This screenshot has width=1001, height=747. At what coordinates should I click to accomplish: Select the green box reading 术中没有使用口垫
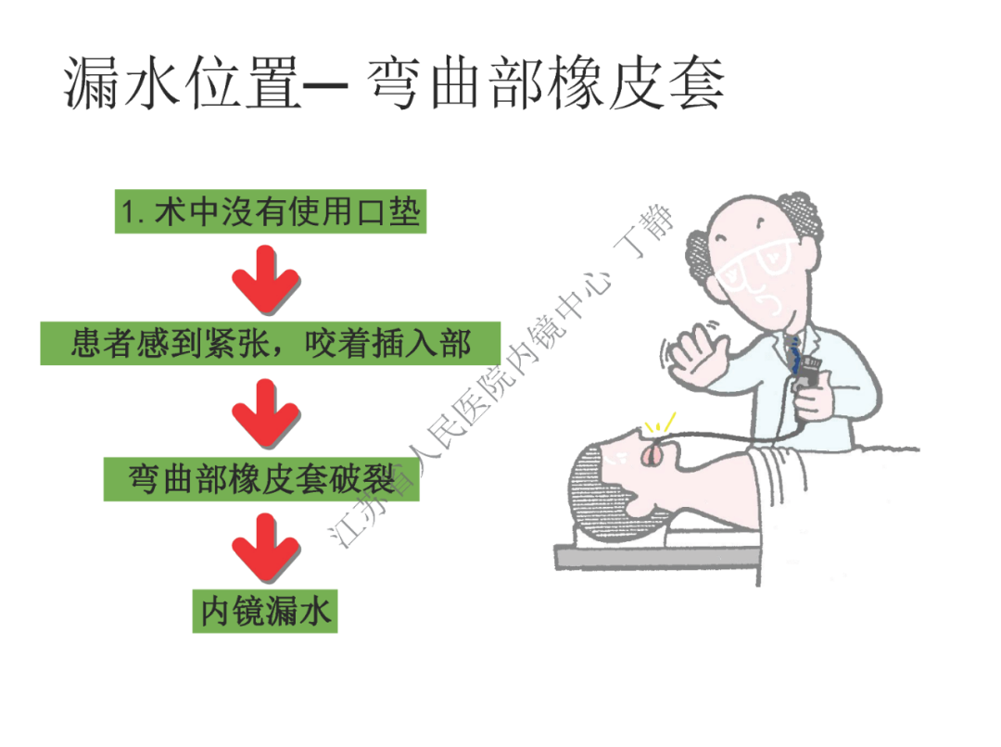(271, 213)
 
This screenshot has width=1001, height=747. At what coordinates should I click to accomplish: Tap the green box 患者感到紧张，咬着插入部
(271, 343)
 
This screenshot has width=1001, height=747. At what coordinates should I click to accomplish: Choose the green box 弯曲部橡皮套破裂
(261, 480)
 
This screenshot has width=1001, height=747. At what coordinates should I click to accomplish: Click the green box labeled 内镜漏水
(265, 612)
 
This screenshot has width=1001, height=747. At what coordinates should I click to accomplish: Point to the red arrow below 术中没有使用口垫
(266, 278)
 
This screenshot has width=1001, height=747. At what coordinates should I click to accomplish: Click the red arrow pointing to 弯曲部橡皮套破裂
(266, 413)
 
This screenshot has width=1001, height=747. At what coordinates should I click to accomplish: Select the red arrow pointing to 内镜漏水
(266, 547)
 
